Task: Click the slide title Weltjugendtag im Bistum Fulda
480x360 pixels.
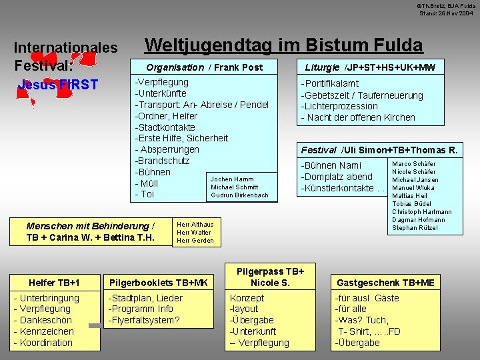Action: (x=283, y=45)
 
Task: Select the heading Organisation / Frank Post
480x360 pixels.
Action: (x=204, y=67)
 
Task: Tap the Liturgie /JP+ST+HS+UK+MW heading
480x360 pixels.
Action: (x=370, y=67)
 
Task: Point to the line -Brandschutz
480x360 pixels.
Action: (x=162, y=161)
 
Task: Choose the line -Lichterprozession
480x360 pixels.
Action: (x=339, y=106)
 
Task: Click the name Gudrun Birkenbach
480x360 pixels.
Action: (x=239, y=195)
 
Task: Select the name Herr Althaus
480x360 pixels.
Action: (x=195, y=225)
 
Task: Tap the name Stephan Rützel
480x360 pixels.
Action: (x=414, y=228)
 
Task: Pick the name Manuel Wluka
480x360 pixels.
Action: (x=413, y=188)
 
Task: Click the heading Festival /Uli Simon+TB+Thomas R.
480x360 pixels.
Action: (x=379, y=150)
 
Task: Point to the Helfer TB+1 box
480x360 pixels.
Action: (x=54, y=283)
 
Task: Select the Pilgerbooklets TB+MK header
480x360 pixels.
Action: (x=158, y=283)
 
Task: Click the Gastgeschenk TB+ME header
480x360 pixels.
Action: (x=385, y=283)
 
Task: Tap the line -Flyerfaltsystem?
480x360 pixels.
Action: (x=144, y=320)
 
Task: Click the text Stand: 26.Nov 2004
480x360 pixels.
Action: (x=446, y=13)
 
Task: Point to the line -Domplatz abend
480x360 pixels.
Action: (x=337, y=177)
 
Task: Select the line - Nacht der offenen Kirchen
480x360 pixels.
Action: (x=358, y=117)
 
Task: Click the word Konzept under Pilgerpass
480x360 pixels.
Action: (x=247, y=298)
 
